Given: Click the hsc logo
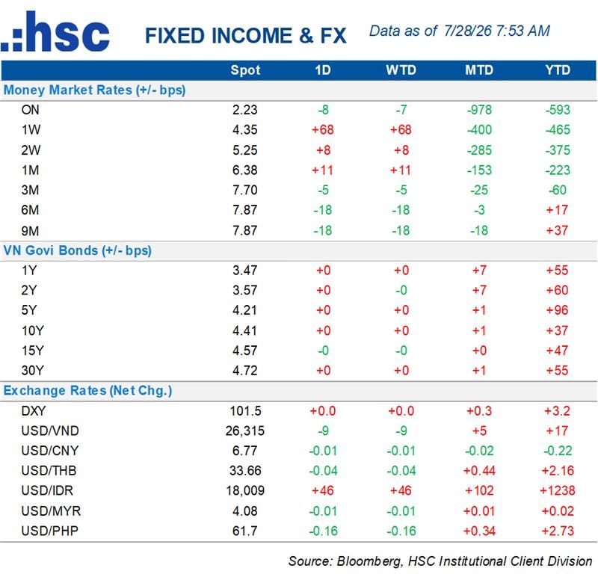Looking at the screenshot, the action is (x=55, y=31).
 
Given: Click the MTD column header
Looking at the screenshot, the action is (x=479, y=70).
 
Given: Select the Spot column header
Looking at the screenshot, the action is (x=245, y=70).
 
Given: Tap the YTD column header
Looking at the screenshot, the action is (x=558, y=70).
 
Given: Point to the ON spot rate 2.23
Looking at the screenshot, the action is (x=245, y=110).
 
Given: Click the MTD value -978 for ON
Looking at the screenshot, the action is (x=479, y=110).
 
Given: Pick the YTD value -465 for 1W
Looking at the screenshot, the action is (x=558, y=129).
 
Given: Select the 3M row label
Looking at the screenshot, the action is (x=30, y=190).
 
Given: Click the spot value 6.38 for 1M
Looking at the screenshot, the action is (x=245, y=170).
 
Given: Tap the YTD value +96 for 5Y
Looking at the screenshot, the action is (x=557, y=310).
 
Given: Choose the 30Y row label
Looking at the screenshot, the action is (x=33, y=370).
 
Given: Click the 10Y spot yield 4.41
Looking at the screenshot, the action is (x=245, y=330).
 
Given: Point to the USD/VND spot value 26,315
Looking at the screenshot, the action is (x=245, y=431).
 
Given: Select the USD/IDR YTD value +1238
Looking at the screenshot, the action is (x=557, y=490).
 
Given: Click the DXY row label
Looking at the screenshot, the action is (x=34, y=410).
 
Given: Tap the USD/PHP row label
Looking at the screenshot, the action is (x=50, y=531).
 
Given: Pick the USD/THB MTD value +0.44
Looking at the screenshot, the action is (x=479, y=471).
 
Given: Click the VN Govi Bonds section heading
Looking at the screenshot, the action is (x=78, y=250).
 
